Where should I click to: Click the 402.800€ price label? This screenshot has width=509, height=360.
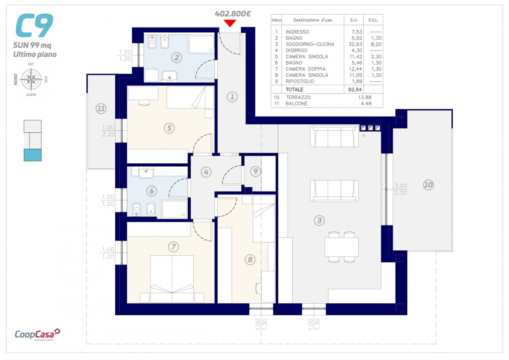tap(233, 14)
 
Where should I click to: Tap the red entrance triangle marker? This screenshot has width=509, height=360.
tap(230, 23)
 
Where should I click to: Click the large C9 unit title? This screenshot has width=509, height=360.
tap(34, 25)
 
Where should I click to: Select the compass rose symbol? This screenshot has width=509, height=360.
tap(31, 79)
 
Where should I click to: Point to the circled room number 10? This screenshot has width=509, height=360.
tap(428, 185)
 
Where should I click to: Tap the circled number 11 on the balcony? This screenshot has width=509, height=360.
tap(101, 108)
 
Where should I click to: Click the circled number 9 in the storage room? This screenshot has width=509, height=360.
tap(255, 171)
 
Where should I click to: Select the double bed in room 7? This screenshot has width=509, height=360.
tap(172, 279)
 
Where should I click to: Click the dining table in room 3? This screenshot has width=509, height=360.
tap(341, 247)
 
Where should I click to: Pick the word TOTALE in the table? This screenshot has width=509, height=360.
tap(294, 89)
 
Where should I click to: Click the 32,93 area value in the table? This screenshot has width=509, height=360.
tap(355, 44)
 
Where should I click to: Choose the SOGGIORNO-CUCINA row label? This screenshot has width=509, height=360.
tap(310, 44)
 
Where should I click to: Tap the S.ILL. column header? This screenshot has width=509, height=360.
tap(373, 20)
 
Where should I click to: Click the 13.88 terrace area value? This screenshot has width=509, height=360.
tap(365, 97)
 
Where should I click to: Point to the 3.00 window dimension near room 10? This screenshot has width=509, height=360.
tap(401, 186)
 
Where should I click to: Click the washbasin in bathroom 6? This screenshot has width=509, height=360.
tap(146, 172)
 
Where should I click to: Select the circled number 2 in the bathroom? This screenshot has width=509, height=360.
tap(177, 58)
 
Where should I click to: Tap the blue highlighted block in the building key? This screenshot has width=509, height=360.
tap(33, 155)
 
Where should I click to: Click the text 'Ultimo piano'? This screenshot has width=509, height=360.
tap(35, 54)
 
